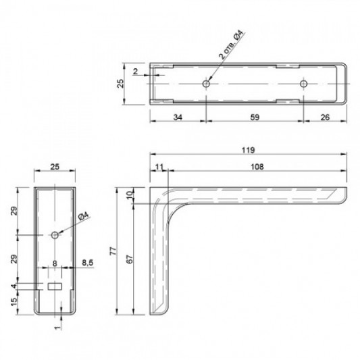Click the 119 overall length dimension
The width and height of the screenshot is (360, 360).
click(x=249, y=150)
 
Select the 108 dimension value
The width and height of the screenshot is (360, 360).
click(x=257, y=167)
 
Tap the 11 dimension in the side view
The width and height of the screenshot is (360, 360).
click(x=159, y=167)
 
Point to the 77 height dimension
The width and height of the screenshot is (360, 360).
click(x=113, y=251)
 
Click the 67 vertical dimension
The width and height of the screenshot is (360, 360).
click(x=130, y=259)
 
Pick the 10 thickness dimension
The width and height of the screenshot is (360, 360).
click(x=130, y=195)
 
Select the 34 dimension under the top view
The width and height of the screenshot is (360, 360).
click(x=178, y=118)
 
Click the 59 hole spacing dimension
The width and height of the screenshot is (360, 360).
click(x=255, y=118)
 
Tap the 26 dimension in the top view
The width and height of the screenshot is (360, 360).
click(x=325, y=118)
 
